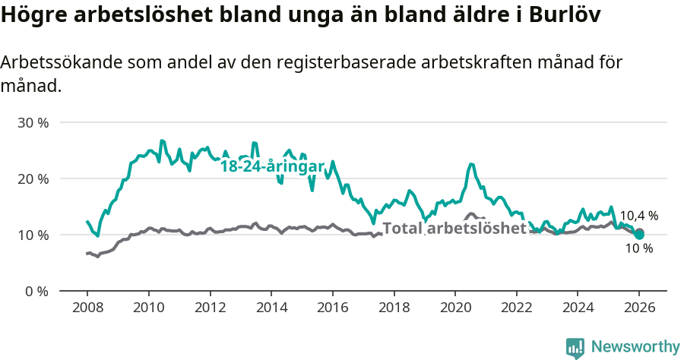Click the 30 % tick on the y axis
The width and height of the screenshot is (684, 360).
(33, 122)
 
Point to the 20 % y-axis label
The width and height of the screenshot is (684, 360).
(33, 178)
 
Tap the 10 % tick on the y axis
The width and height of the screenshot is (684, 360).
(33, 235)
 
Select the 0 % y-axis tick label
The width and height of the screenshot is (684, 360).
(36, 291)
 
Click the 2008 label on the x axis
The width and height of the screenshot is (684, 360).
(87, 308)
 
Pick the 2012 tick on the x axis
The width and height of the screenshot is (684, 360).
(210, 308)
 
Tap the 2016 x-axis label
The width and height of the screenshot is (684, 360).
(333, 308)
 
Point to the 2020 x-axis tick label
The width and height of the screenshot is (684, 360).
(455, 308)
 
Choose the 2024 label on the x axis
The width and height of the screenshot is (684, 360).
(578, 308)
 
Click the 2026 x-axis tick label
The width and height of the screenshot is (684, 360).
(639, 308)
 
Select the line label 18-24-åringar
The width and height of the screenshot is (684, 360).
(272, 166)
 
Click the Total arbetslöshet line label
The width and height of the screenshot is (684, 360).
(454, 228)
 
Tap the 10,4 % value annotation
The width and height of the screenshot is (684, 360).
(638, 216)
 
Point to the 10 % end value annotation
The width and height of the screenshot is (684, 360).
(638, 248)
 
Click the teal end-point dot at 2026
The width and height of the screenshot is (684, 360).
(639, 235)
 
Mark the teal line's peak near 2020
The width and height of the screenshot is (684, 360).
(471, 164)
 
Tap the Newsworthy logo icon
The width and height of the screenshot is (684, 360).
(575, 347)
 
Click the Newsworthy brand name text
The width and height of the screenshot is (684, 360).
(635, 347)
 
